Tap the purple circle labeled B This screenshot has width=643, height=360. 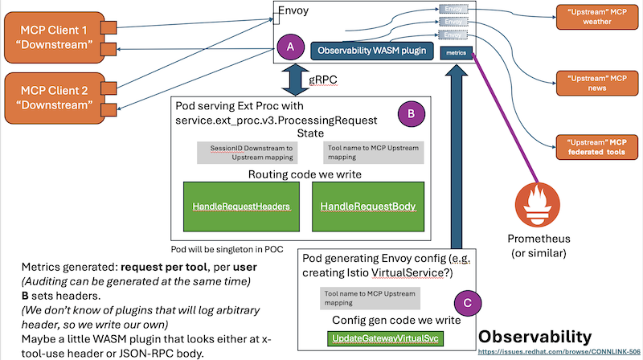click(411, 113)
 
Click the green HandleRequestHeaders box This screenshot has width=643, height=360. click(241, 207)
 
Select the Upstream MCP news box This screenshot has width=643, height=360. click(596, 84)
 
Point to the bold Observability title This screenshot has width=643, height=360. click(535, 335)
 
